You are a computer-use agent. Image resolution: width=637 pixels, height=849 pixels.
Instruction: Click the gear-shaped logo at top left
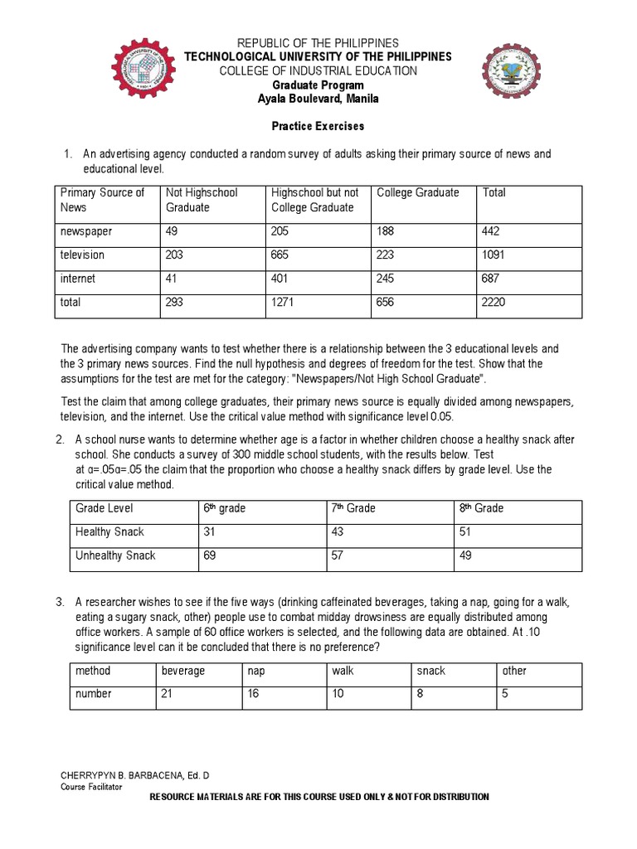(x=148, y=71)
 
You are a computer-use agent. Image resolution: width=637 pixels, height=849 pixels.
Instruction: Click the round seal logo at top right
(x=511, y=76)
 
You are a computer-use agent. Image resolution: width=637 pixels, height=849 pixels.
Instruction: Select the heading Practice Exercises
(x=318, y=127)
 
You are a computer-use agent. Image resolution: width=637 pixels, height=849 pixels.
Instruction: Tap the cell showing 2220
(x=494, y=303)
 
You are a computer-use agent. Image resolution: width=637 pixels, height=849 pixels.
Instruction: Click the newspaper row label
(x=86, y=232)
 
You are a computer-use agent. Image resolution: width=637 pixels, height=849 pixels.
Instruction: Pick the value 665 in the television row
(x=281, y=255)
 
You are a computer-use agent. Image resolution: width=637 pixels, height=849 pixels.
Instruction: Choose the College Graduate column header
(x=417, y=192)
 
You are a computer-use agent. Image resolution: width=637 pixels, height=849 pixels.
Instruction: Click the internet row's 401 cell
(x=281, y=279)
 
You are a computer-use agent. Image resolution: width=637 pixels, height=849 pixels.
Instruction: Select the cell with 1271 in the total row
(x=284, y=303)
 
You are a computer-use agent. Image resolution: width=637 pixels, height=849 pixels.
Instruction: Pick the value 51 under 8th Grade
(x=465, y=531)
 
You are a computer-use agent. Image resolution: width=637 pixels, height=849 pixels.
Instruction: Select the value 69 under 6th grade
(x=210, y=555)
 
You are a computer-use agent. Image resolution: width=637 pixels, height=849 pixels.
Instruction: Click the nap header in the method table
(x=255, y=671)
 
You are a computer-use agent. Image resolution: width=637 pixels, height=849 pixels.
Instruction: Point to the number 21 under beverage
(x=167, y=694)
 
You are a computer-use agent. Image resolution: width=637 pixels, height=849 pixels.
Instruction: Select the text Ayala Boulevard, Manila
(x=318, y=99)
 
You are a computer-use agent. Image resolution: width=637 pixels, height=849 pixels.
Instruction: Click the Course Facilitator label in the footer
(x=91, y=786)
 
